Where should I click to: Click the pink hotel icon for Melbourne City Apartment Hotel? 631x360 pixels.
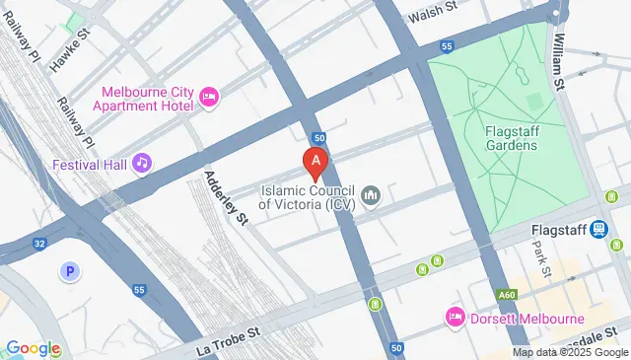click(x=208, y=96)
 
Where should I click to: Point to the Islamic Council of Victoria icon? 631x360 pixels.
click(x=371, y=195)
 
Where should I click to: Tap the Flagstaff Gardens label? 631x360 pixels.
click(x=511, y=138)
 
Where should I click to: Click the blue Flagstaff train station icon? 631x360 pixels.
click(x=598, y=230)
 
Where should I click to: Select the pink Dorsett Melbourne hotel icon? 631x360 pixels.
click(x=455, y=318)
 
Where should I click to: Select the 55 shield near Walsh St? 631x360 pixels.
click(x=448, y=46)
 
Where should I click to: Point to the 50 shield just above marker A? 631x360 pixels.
click(x=318, y=138)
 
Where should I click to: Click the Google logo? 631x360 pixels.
click(x=33, y=348)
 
